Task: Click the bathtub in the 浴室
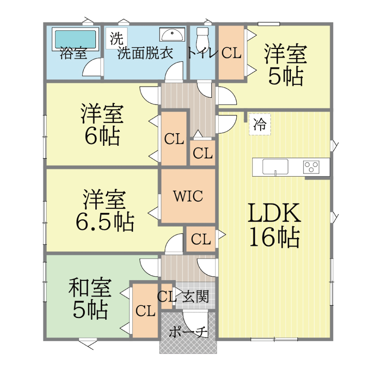pos(75,39)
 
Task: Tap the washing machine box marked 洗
pos(116,38)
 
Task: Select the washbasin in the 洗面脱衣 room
pos(172,34)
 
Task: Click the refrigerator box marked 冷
pos(260,124)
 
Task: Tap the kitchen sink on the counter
pos(275,167)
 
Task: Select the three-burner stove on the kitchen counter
pos(311,167)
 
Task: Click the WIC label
pos(188,196)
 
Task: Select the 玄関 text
pos(196,296)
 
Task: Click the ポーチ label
pos(188,332)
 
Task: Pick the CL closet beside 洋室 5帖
pos(231,53)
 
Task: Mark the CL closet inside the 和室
pos(145,311)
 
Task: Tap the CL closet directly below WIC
pos(201,239)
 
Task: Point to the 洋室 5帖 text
pos(286,65)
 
